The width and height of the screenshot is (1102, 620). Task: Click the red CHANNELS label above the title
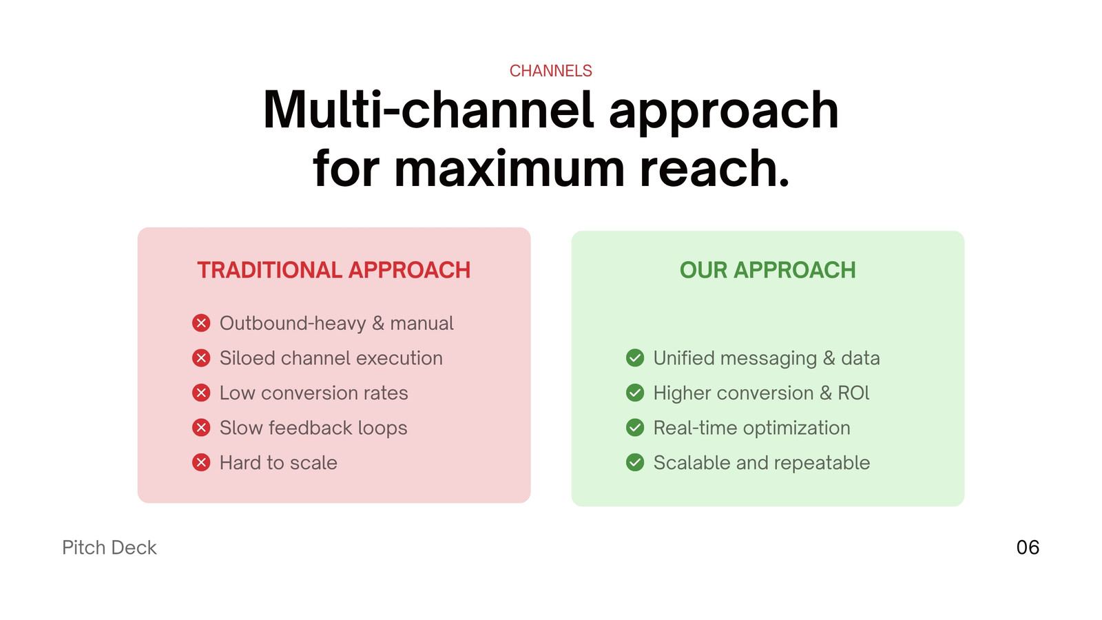tap(550, 71)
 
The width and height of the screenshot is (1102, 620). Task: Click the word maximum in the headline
tap(510, 169)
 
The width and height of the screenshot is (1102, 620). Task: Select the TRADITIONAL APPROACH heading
tap(333, 270)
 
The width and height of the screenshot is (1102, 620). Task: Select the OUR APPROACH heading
tap(767, 270)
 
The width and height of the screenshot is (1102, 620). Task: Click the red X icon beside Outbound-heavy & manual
tap(201, 323)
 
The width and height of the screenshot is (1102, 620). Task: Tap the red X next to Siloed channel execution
tap(201, 358)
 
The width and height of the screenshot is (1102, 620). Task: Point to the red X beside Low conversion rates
tap(201, 393)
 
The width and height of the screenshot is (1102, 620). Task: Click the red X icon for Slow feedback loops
tap(201, 428)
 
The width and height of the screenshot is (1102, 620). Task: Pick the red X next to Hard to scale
tap(201, 463)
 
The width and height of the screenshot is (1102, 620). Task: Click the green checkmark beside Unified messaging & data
tap(635, 358)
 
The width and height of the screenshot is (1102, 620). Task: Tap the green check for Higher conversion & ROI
tap(635, 393)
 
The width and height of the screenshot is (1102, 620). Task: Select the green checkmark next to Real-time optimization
tap(635, 428)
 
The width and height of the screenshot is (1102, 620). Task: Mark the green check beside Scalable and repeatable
tap(635, 463)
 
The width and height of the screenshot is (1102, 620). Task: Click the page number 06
tap(1028, 548)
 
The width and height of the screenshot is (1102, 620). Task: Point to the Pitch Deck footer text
tap(110, 548)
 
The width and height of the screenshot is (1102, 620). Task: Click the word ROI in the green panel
tap(853, 393)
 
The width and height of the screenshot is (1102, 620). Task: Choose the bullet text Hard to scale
tap(278, 463)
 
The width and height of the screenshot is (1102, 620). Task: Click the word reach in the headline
tap(714, 169)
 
